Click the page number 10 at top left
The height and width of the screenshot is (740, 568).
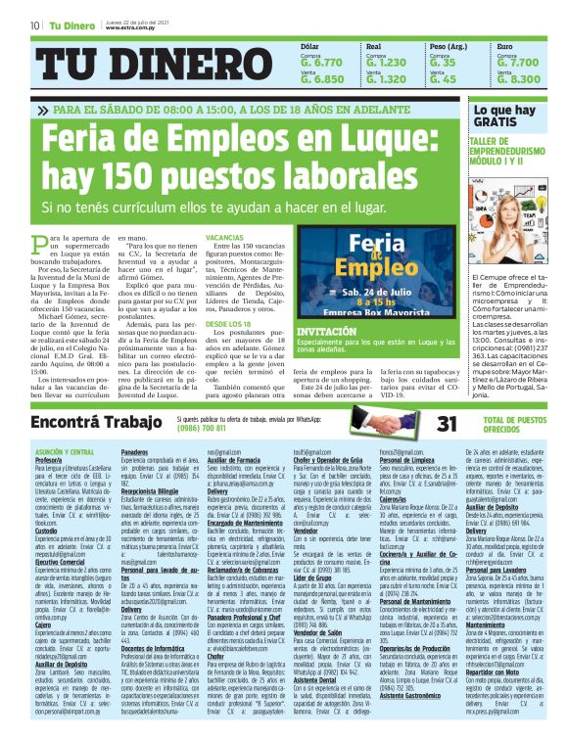point(34,25)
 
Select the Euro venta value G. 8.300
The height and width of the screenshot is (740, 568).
point(518,79)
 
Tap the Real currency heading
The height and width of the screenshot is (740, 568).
point(373,46)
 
